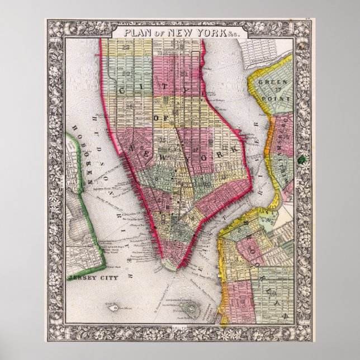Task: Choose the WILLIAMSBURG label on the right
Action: click(x=277, y=145)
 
